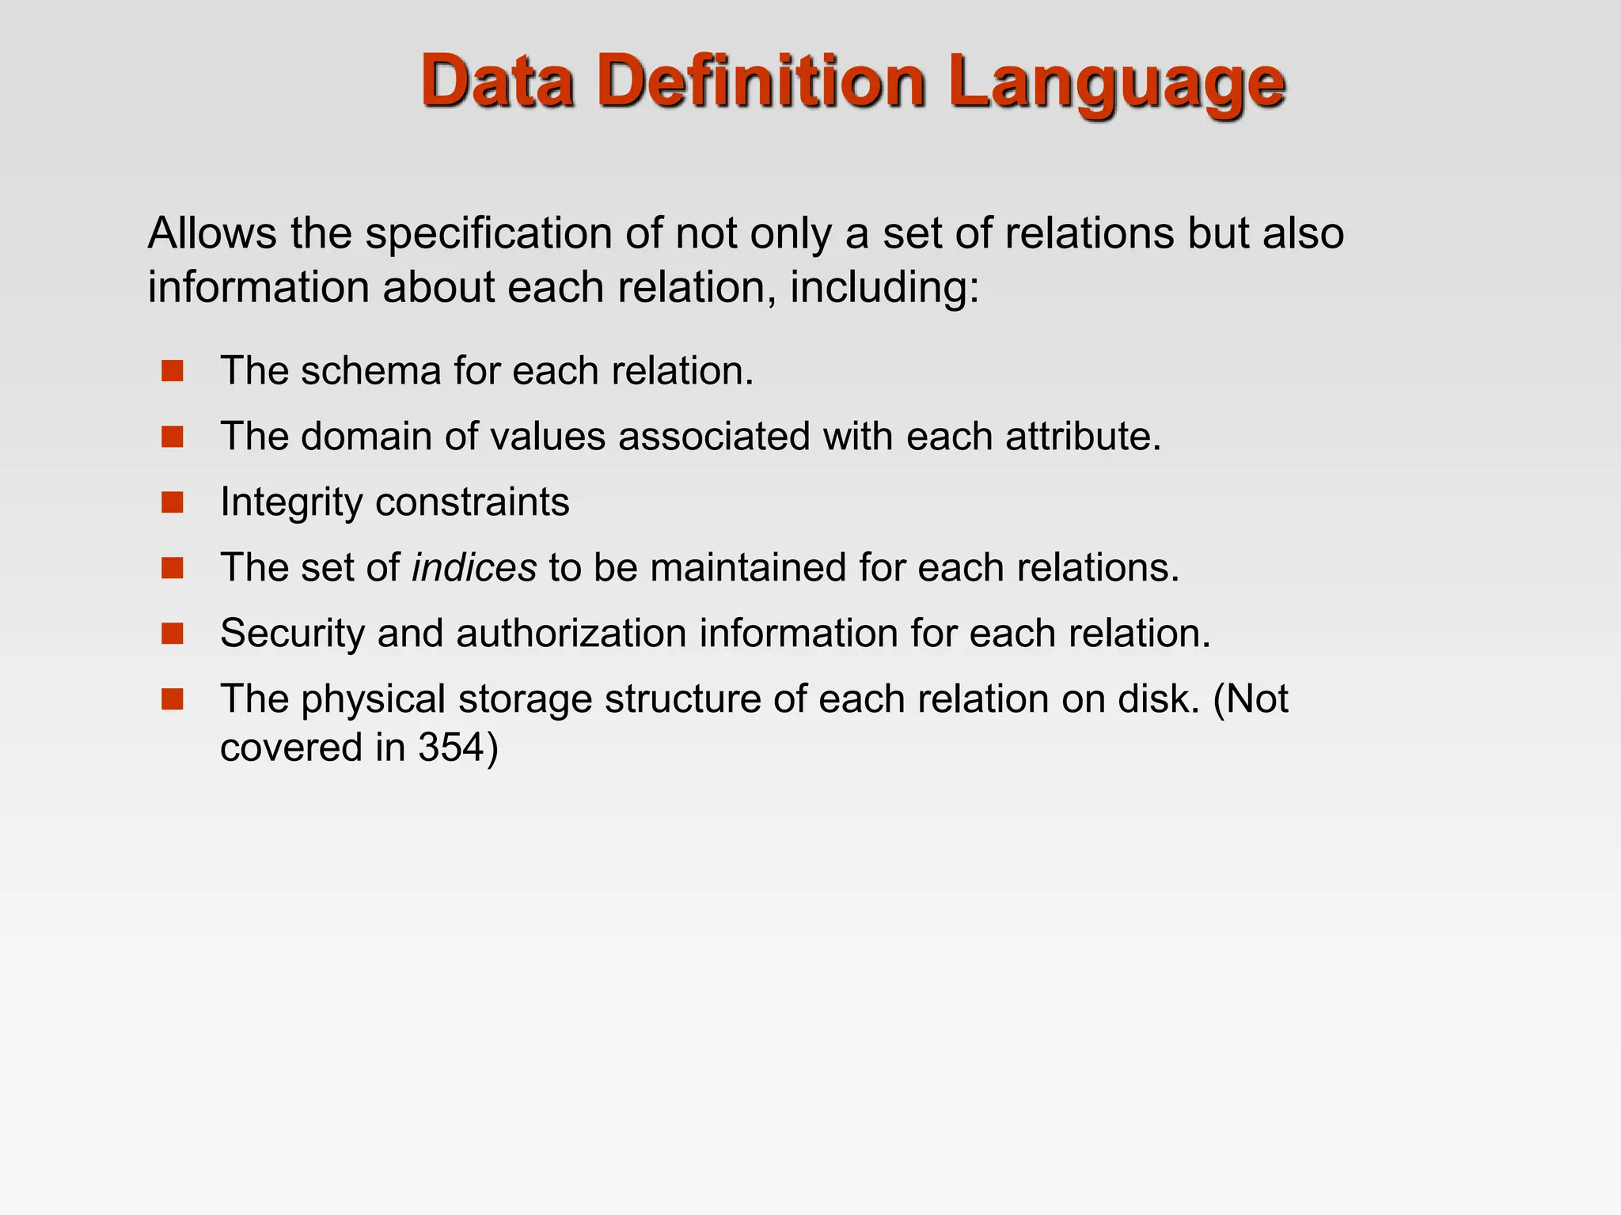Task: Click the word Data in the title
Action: (497, 81)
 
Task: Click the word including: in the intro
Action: (885, 287)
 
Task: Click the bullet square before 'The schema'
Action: (172, 371)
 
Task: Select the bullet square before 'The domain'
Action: (172, 437)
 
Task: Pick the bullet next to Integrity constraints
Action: (172, 502)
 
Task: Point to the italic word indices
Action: (474, 568)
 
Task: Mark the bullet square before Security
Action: (172, 634)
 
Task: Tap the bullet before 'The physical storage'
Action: (172, 699)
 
